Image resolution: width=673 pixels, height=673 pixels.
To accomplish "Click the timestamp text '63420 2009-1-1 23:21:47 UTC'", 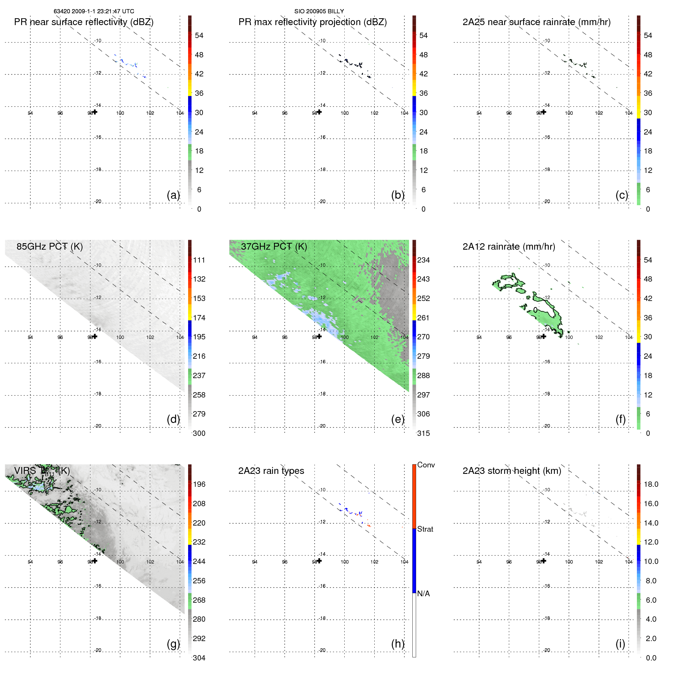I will click(x=93, y=11).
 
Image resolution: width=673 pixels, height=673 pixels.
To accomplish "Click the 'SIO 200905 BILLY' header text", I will click(x=319, y=11).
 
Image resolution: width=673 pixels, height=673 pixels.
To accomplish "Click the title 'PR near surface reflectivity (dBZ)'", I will click(x=84, y=22).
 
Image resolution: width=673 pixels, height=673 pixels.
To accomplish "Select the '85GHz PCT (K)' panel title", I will click(x=49, y=246).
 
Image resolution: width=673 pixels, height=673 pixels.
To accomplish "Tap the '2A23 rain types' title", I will click(x=271, y=471).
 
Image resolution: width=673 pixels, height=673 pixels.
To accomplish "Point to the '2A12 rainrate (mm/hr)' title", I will click(x=508, y=247).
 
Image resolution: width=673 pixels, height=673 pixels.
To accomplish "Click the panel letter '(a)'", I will click(x=173, y=195).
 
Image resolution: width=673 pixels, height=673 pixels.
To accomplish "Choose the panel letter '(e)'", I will click(x=397, y=419).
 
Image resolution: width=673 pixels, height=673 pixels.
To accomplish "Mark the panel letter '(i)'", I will click(x=620, y=644).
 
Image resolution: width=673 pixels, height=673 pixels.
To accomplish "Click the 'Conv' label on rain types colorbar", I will click(x=426, y=465).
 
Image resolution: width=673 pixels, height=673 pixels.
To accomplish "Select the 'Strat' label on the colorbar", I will click(x=425, y=529).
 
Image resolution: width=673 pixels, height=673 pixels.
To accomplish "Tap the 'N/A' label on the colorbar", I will click(x=423, y=594).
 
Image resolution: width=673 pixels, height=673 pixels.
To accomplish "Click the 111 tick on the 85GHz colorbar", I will click(x=199, y=260).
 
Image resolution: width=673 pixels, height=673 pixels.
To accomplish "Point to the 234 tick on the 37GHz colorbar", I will click(x=423, y=260).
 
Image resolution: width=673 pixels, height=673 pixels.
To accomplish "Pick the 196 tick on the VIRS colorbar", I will click(x=199, y=484).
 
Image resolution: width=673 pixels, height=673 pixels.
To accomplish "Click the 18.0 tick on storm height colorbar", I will click(x=651, y=484).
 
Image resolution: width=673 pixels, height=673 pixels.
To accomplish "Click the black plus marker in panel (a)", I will click(x=95, y=112).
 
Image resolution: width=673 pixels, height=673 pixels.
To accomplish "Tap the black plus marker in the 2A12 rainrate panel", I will click(x=544, y=336).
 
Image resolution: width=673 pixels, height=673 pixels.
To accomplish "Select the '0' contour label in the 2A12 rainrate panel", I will click(x=535, y=310).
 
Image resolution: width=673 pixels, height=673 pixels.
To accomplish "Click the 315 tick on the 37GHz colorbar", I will click(x=423, y=433).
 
